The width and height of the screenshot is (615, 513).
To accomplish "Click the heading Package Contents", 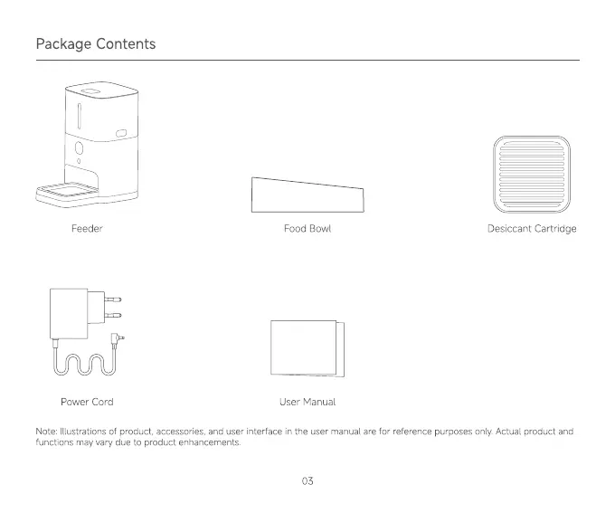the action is [x=95, y=44].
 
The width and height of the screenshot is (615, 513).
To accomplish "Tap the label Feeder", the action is [x=87, y=229].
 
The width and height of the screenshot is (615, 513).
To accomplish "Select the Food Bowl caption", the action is [x=307, y=229].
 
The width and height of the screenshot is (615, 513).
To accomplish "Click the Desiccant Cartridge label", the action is [x=531, y=229].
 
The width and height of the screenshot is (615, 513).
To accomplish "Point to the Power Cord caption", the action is [x=87, y=402].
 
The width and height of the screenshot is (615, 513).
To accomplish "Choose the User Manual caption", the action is [x=307, y=402].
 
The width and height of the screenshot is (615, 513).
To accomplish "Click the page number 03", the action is [x=307, y=481].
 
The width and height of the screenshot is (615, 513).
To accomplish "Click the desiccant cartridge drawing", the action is [x=531, y=174].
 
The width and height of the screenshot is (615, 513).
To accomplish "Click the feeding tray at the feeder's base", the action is [x=65, y=191].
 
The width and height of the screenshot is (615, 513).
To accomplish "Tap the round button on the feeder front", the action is [x=80, y=147].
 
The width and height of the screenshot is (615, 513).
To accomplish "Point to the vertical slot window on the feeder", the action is [x=79, y=115].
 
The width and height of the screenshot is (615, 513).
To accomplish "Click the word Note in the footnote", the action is [x=46, y=432].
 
